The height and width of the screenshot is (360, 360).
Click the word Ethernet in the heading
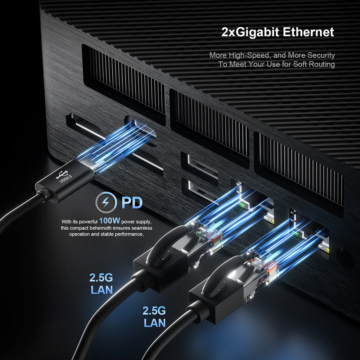pyautogui.click(x=308, y=32)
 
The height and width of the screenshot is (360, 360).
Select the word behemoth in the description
pyautogui.click(x=106, y=228)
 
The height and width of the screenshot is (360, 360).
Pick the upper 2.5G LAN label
pyautogui.click(x=101, y=284)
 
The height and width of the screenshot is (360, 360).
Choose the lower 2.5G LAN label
pyautogui.click(x=154, y=316)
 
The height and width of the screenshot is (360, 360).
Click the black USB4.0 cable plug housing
pyautogui.click(x=65, y=178)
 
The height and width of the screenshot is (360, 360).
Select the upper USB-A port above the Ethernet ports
pyautogui.click(x=200, y=164)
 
